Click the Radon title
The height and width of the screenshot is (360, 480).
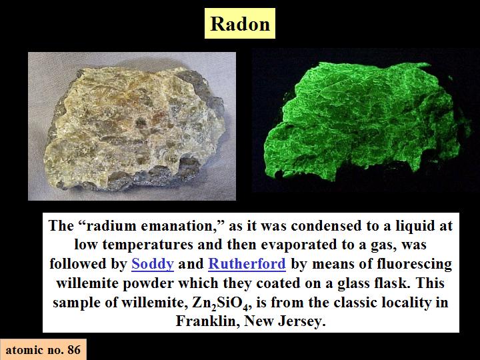[x=240, y=23]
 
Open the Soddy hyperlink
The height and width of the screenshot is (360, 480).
[x=153, y=264]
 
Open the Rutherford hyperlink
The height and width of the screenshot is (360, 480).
[x=247, y=264]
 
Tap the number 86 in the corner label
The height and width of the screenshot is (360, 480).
[x=74, y=349]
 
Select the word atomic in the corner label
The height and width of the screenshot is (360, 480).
[x=25, y=349]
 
